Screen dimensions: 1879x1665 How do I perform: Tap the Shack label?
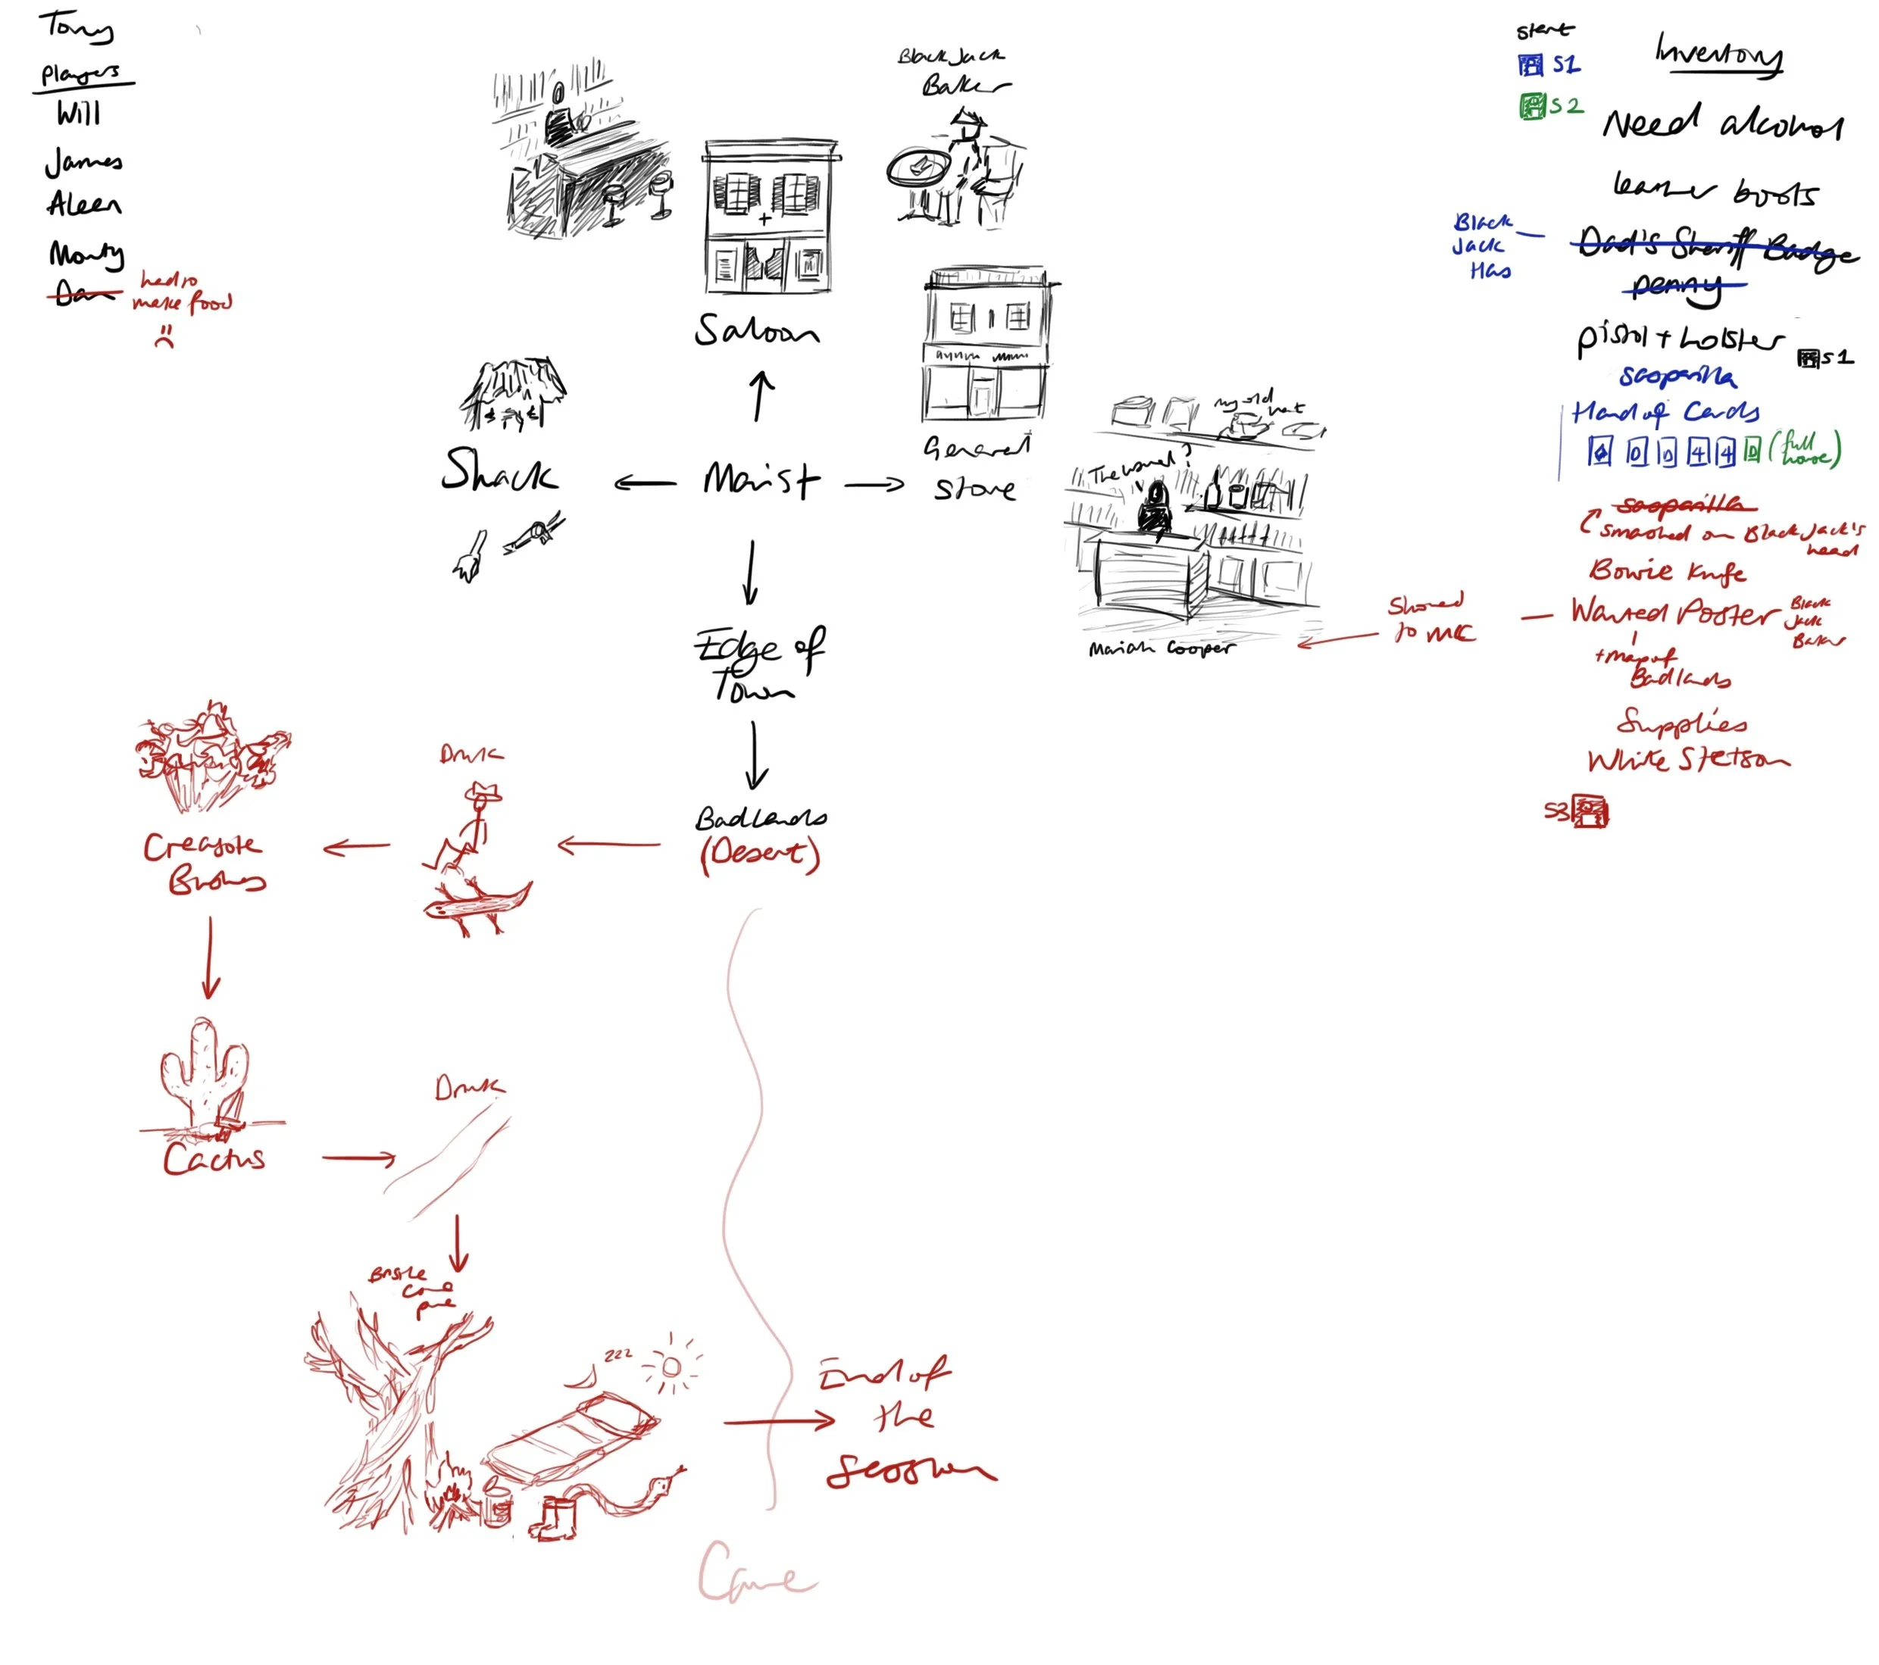click(x=499, y=470)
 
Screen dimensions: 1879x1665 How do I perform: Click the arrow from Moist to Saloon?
click(x=759, y=396)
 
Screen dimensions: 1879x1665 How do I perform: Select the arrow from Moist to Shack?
click(x=646, y=483)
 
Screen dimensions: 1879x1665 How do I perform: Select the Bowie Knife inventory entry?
click(x=1667, y=570)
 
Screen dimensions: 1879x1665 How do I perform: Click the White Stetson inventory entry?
click(x=1688, y=760)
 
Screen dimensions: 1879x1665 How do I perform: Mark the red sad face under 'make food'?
click(x=164, y=336)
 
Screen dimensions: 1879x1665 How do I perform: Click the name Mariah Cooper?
click(x=1161, y=648)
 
